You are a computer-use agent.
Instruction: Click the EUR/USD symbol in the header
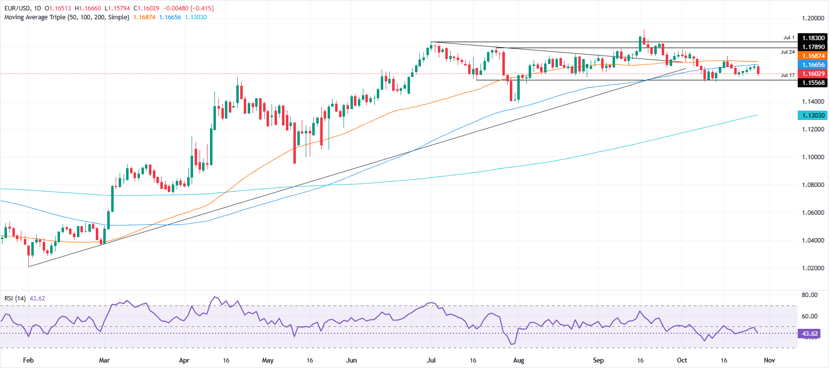(x=18, y=8)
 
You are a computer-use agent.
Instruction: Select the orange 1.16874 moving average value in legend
(x=144, y=17)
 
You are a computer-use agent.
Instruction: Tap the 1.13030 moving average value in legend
(x=196, y=17)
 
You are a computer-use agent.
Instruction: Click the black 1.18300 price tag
(x=813, y=38)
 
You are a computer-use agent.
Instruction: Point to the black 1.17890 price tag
(x=813, y=47)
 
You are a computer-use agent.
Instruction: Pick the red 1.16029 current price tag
(x=813, y=74)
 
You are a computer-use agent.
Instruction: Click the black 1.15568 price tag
(x=813, y=83)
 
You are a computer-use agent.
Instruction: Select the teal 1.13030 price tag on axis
(x=813, y=116)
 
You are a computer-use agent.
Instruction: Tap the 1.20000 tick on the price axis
(x=813, y=18)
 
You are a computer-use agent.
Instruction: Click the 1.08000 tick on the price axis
(x=813, y=185)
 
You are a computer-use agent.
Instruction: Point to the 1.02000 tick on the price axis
(x=813, y=268)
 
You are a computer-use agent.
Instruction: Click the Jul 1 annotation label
(x=789, y=38)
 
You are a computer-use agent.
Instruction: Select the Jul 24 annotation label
(x=787, y=52)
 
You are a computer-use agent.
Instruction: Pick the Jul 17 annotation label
(x=787, y=75)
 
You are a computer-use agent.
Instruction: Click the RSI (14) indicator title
(x=15, y=299)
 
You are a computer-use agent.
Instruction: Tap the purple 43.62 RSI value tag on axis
(x=810, y=334)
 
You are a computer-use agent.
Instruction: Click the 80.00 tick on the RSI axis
(x=810, y=295)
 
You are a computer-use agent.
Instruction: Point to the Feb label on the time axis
(x=28, y=361)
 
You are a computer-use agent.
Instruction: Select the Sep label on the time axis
(x=598, y=361)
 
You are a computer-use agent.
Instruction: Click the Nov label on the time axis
(x=769, y=361)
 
